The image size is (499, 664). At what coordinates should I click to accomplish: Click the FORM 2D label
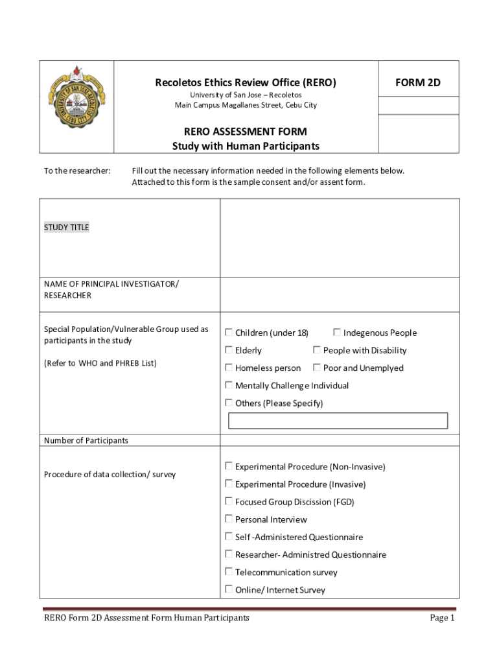(x=418, y=83)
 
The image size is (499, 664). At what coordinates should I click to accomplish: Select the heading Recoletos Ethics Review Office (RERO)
(x=246, y=83)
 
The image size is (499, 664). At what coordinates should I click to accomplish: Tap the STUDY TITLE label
(x=67, y=228)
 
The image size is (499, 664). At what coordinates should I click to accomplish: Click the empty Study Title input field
(x=340, y=238)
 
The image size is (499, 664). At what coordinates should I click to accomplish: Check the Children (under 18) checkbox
(x=229, y=333)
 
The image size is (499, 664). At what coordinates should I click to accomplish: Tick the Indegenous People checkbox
(x=337, y=333)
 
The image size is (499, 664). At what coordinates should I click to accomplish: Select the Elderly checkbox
(x=229, y=350)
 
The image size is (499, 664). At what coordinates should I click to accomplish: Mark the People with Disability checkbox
(x=317, y=350)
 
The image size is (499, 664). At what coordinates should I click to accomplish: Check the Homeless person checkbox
(x=229, y=368)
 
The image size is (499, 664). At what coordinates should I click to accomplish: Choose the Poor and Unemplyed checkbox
(x=317, y=368)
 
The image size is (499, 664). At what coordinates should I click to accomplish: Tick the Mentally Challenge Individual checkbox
(x=229, y=385)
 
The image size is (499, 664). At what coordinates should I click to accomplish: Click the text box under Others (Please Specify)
(x=338, y=421)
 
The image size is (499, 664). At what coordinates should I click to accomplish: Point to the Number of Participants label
(x=86, y=441)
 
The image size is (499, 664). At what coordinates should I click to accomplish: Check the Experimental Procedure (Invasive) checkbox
(x=229, y=484)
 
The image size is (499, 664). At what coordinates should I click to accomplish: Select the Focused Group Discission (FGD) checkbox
(x=229, y=501)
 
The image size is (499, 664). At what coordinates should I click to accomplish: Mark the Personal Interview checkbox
(x=229, y=519)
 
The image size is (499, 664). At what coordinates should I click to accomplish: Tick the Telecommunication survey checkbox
(x=229, y=572)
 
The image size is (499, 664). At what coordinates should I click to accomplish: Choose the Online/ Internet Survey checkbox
(x=229, y=589)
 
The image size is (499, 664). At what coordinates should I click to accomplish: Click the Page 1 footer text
(x=443, y=619)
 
